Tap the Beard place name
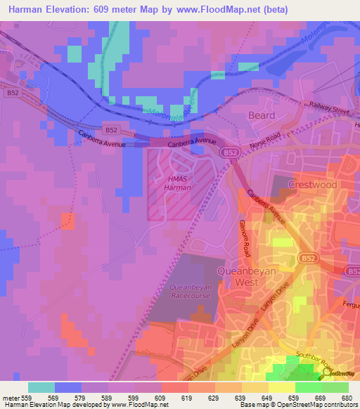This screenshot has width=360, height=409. [262, 115]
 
